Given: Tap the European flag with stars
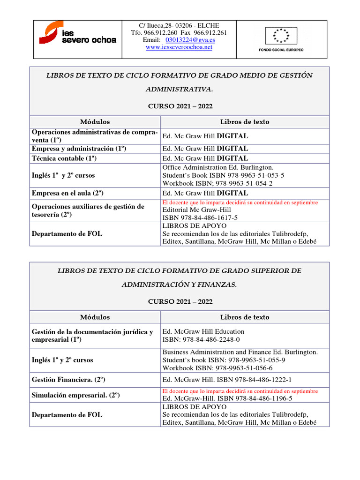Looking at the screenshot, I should tap(281, 35).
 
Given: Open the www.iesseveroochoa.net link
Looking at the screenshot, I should tap(179, 47).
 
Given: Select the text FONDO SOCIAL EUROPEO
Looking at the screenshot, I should tap(281, 50).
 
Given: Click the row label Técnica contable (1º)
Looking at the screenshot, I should tap(64, 158).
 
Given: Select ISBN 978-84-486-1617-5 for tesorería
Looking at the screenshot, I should tap(200, 218).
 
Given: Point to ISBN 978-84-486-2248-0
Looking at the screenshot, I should tap(201, 339).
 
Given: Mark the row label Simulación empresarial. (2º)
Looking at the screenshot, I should tap(75, 395).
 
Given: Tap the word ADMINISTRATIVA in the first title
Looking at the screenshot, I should tap(179, 89).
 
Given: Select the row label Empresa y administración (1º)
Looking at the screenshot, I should tap(79, 149).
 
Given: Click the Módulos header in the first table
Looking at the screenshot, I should tap(95, 122).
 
